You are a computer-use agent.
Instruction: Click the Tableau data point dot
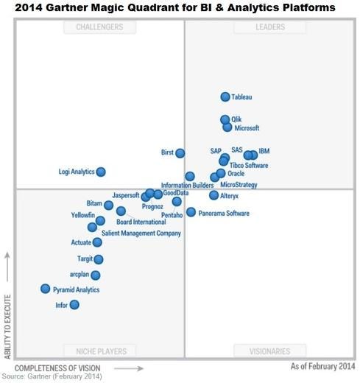pyautogui.click(x=225, y=97)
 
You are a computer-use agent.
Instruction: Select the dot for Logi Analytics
pyautogui.click(x=101, y=172)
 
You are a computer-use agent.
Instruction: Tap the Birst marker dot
pyautogui.click(x=180, y=153)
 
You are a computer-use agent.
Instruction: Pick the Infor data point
pyautogui.click(x=74, y=304)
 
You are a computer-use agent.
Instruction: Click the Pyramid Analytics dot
pyautogui.click(x=46, y=289)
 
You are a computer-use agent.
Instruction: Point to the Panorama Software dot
pyautogui.click(x=191, y=212)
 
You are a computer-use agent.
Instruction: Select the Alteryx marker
pyautogui.click(x=213, y=196)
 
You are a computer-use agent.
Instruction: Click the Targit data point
pyautogui.click(x=99, y=259)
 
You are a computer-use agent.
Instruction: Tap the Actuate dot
pyautogui.click(x=97, y=242)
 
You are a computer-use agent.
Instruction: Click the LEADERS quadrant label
pyautogui.click(x=269, y=27)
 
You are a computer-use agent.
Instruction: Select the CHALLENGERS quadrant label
pyautogui.click(x=99, y=27)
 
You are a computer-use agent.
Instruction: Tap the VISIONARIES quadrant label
pyautogui.click(x=269, y=351)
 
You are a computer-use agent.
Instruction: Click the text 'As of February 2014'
pyautogui.click(x=322, y=366)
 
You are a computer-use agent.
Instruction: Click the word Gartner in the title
pyautogui.click(x=80, y=7)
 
